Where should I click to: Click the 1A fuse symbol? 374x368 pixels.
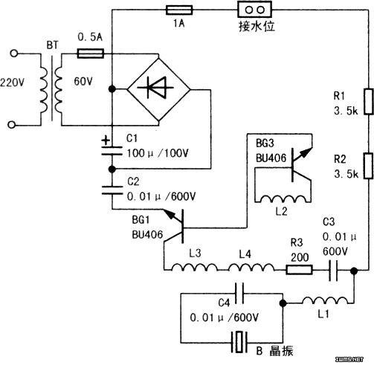click(x=179, y=10)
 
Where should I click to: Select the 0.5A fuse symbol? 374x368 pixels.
click(x=91, y=54)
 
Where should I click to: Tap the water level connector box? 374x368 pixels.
click(x=254, y=10)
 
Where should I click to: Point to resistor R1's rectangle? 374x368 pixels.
click(x=369, y=102)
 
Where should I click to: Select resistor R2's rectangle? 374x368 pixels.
click(x=368, y=166)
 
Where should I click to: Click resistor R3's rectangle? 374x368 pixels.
click(x=299, y=269)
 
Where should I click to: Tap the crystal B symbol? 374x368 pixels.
click(x=239, y=342)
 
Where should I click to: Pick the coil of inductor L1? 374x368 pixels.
click(x=325, y=300)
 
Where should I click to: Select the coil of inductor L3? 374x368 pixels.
click(x=195, y=267)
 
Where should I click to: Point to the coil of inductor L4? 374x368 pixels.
click(x=251, y=267)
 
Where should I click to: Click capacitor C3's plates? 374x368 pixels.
click(x=333, y=271)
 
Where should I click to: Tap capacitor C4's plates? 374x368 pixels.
click(x=239, y=294)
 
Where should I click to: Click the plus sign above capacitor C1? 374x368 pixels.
click(x=106, y=141)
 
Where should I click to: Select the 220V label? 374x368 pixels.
click(x=12, y=83)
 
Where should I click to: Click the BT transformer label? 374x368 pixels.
click(x=52, y=45)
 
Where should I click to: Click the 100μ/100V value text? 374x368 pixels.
click(x=158, y=153)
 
